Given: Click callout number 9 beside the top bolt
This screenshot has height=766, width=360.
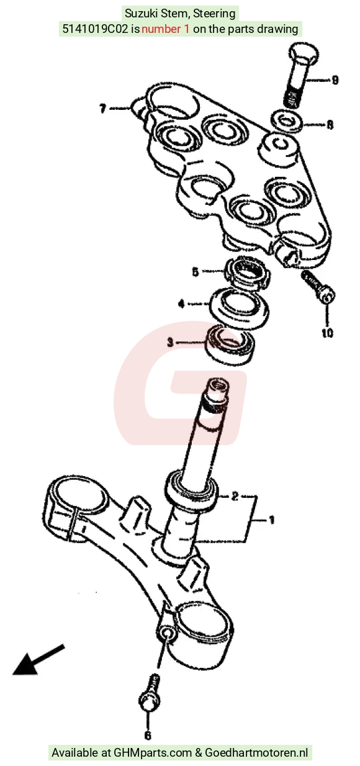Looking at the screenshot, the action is [335, 80].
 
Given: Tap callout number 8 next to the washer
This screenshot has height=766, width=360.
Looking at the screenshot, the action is [330, 125].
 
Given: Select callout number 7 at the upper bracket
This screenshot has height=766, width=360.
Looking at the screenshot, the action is [102, 109].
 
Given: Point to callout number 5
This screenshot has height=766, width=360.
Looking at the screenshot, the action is [196, 272].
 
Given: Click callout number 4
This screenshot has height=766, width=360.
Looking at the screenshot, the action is [182, 304].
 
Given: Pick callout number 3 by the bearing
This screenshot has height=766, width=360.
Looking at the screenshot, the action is [170, 342].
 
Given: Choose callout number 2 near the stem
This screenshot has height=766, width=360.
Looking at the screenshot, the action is [235, 496].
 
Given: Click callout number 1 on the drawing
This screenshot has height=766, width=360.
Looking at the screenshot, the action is [272, 520].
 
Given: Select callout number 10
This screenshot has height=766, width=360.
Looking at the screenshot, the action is [327, 332].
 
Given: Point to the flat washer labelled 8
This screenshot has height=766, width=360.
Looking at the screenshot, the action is [287, 120].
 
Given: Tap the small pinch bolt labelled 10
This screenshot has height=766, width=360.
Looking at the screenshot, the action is [318, 287].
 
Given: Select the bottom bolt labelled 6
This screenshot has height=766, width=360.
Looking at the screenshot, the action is [150, 693].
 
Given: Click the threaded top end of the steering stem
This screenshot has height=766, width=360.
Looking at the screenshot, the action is [216, 394].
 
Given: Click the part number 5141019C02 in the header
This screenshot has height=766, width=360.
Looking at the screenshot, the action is [95, 29].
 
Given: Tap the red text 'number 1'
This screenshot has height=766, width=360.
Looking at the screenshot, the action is [165, 29].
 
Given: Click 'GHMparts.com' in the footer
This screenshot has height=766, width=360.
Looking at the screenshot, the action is [153, 753].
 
